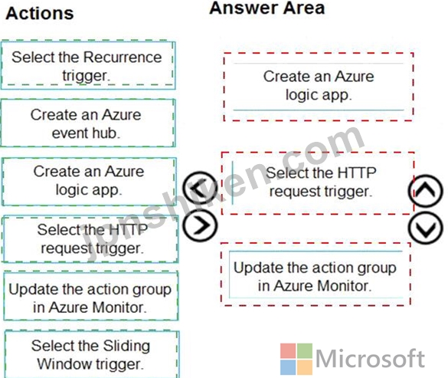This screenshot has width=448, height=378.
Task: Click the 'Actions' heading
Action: (x=40, y=14)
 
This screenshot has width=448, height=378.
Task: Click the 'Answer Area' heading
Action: (x=267, y=8)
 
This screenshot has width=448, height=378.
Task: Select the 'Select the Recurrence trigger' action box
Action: (x=88, y=65)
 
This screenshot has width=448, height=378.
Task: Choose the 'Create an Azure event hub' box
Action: (x=88, y=123)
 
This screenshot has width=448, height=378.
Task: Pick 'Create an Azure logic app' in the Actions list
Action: (x=89, y=181)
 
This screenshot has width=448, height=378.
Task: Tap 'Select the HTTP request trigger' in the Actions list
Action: (x=90, y=239)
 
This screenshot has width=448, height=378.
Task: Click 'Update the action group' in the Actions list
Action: (x=91, y=297)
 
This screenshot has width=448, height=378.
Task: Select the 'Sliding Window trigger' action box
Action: (x=92, y=354)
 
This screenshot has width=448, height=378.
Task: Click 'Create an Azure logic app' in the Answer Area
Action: (x=319, y=87)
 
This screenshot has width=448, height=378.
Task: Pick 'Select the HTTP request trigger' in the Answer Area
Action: (x=318, y=182)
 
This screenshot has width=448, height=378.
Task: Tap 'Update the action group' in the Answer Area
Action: (x=316, y=274)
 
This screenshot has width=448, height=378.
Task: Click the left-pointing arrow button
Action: (x=200, y=188)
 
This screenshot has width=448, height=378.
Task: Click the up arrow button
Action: (x=426, y=191)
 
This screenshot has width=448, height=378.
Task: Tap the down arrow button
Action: (x=426, y=228)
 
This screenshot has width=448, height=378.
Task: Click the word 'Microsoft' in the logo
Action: (x=370, y=359)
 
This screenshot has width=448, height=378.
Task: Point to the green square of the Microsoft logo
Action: (x=305, y=351)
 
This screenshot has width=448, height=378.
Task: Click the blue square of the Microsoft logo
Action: (x=288, y=367)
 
